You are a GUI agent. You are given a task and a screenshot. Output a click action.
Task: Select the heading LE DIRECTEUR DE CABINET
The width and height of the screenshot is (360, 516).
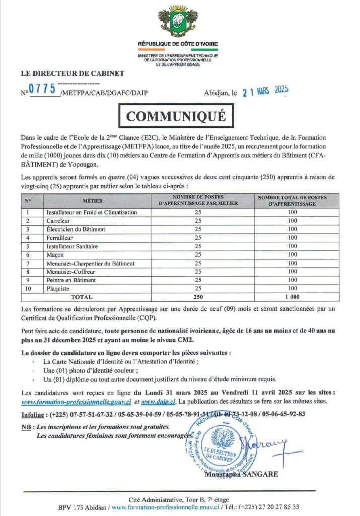72,73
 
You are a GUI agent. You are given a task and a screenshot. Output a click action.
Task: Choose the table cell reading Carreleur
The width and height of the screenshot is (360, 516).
58,221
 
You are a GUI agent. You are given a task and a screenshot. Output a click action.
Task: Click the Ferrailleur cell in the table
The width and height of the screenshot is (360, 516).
60,238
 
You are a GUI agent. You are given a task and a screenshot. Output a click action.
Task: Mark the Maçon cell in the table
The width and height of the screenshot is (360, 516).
56,255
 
